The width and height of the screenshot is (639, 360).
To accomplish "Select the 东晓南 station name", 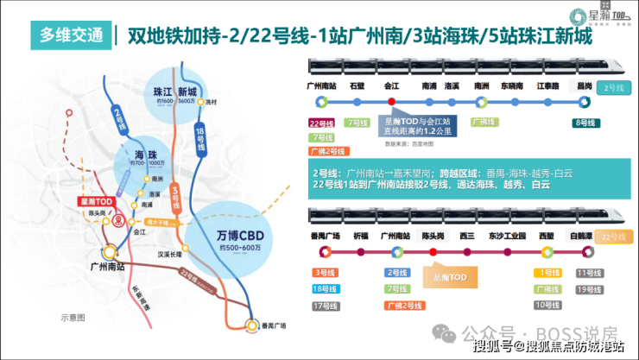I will click(512, 86).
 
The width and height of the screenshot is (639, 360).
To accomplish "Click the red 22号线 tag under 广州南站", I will click(321, 123).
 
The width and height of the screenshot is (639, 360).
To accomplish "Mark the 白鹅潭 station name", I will click(586, 235).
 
